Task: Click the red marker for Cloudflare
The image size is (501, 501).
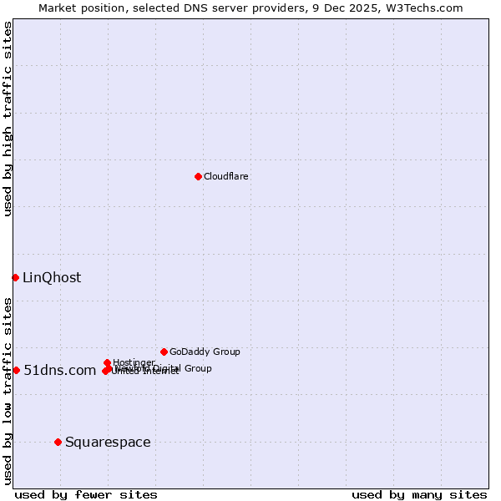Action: pos(198,176)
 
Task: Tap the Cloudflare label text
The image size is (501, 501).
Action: pos(225,176)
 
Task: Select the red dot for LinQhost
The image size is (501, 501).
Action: pos(15,277)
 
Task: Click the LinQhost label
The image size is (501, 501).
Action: pos(52,278)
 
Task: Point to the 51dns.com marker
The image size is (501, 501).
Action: pos(16,370)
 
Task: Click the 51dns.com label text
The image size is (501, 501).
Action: pos(59,371)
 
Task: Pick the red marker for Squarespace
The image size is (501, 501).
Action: pos(58,442)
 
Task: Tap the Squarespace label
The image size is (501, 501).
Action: pos(108,443)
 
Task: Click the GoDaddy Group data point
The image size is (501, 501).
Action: pos(164,352)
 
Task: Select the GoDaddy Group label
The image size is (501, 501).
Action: pos(205,352)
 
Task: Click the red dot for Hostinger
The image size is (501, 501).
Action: pos(107,362)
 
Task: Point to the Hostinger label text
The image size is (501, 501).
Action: pos(134,362)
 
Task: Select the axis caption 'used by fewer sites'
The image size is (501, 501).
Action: pos(86,494)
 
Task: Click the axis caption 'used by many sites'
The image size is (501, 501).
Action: pos(419,494)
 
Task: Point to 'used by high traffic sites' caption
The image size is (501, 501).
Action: pos(8,119)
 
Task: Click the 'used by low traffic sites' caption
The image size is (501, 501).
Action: pos(8,390)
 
